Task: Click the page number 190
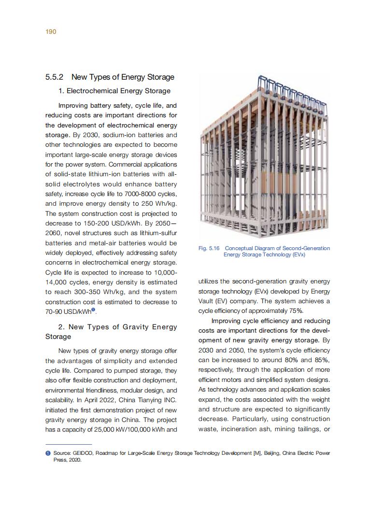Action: [x=51, y=32]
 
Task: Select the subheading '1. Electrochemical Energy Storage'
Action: [x=114, y=91]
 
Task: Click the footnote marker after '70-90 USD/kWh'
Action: [x=93, y=310]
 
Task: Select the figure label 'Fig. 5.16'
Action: [x=209, y=248]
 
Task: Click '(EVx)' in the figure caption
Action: [x=297, y=254]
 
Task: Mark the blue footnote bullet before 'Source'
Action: [x=48, y=453]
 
